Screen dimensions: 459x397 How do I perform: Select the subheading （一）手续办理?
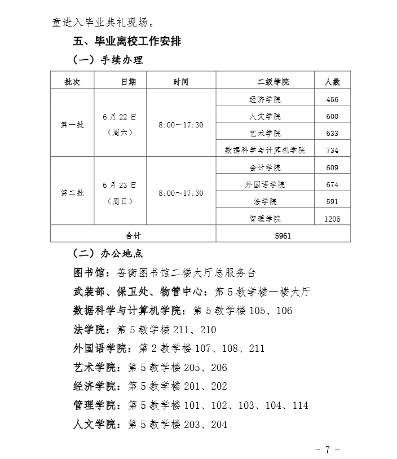click(x=108, y=60)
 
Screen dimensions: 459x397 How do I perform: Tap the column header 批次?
click(x=72, y=82)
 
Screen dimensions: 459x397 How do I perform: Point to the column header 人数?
click(x=332, y=82)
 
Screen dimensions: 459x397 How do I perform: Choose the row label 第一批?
click(x=72, y=125)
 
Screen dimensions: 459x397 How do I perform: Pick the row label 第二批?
click(x=72, y=193)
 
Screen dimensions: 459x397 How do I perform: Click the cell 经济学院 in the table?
click(x=264, y=99)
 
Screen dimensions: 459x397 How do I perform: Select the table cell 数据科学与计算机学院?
click(x=264, y=150)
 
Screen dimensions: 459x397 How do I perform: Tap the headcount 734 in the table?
click(x=332, y=150)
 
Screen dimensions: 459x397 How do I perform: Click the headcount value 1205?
click(x=332, y=219)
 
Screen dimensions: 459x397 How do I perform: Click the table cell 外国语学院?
click(x=264, y=184)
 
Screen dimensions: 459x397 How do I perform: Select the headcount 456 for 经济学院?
click(x=332, y=99)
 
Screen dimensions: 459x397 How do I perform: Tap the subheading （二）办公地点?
click(x=108, y=254)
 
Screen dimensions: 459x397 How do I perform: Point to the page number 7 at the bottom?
click(x=327, y=449)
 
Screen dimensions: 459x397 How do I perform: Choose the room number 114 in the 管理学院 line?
click(x=300, y=405)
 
